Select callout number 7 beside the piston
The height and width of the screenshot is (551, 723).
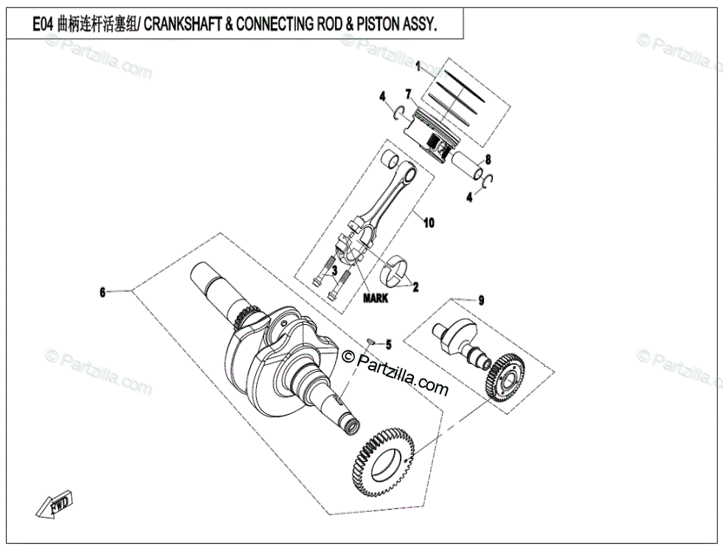coord(407,94)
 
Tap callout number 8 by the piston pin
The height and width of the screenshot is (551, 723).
coord(488,159)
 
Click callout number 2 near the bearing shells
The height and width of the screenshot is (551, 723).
coord(415,287)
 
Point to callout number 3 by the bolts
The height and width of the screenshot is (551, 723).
coord(334,272)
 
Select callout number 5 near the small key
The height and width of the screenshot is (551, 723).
coord(389,344)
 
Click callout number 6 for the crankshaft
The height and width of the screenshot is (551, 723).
coord(103,292)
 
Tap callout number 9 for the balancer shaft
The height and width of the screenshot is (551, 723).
coord(481,300)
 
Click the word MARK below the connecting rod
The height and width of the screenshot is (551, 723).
coord(375,299)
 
